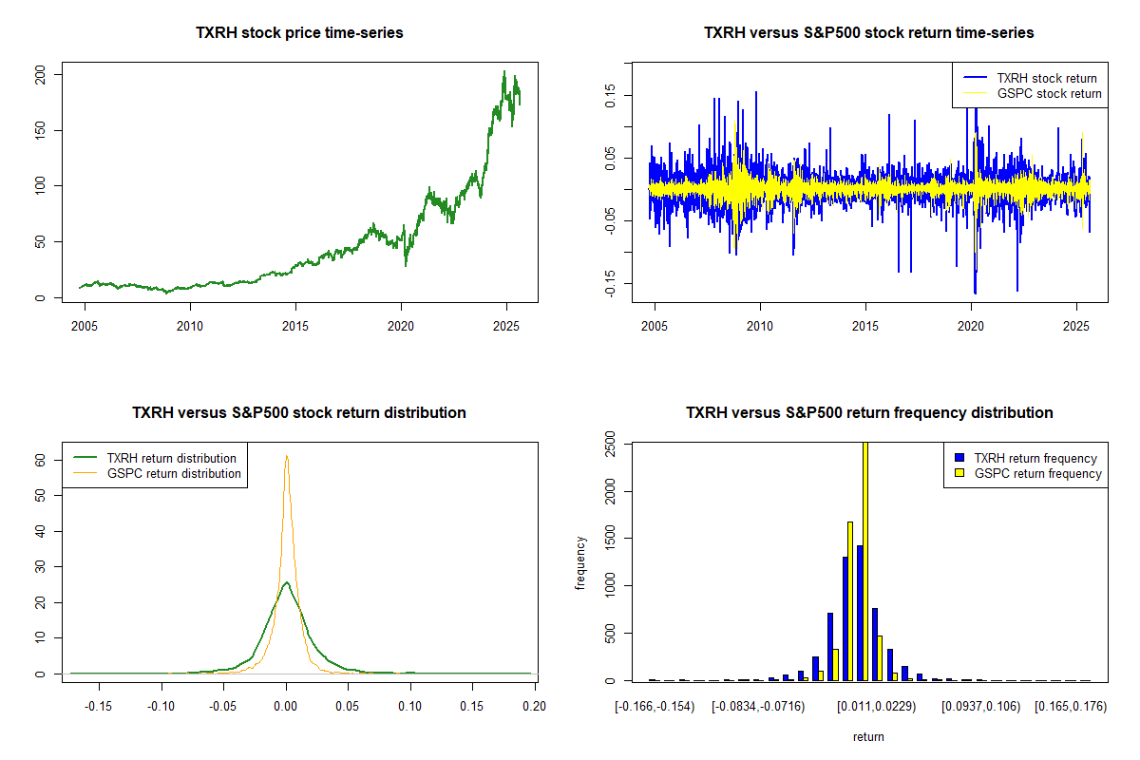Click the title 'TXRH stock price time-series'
[299, 33]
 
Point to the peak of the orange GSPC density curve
[286, 456]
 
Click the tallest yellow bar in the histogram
[864, 560]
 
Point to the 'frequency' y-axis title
[580, 563]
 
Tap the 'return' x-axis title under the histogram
[868, 736]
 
